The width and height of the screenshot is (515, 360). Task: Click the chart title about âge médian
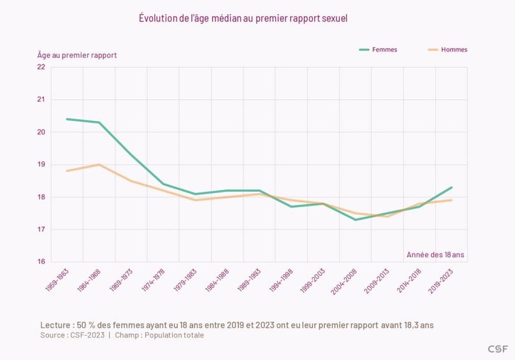pos(243,18)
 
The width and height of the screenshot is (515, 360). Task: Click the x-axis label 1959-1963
pos(57,280)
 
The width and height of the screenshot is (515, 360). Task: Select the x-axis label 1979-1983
pos(186,280)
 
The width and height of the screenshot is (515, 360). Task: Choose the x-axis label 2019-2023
pos(442,280)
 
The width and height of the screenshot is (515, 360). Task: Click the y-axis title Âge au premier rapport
pos(77,55)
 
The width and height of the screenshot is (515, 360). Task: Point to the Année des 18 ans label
pos(435,255)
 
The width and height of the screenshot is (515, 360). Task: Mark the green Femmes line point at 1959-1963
pos(67,119)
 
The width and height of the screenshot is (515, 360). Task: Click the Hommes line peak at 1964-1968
pos(99,164)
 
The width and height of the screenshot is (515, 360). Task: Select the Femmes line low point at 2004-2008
pos(356,220)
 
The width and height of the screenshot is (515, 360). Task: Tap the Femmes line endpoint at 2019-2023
pos(451,187)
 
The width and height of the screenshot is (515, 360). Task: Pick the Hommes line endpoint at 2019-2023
pos(451,200)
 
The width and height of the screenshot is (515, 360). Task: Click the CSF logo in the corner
pos(497,349)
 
